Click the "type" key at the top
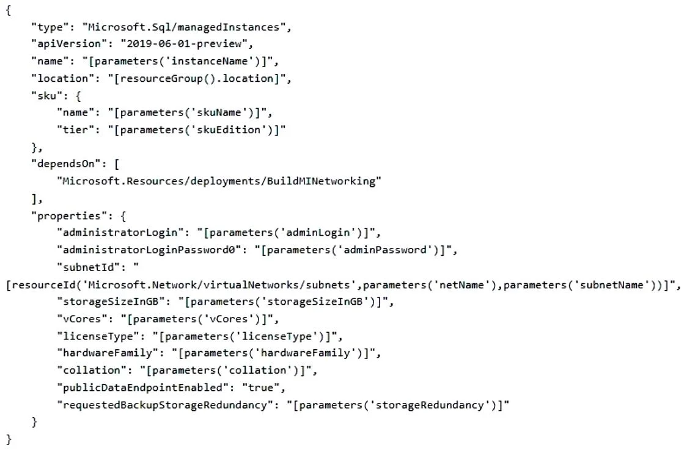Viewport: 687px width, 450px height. coord(50,27)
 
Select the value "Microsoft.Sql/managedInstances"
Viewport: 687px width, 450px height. coord(183,27)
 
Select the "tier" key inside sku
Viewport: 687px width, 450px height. coord(76,130)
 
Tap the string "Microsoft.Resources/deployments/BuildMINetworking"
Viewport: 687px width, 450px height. coord(219,181)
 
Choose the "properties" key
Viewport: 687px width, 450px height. coord(69,216)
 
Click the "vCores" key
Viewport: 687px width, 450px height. coord(82,319)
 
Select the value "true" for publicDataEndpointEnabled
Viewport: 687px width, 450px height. coord(261,388)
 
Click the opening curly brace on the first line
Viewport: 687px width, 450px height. coord(9,10)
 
